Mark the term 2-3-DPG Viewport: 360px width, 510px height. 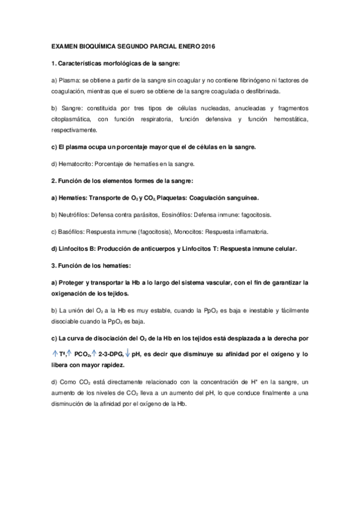pyautogui.click(x=110, y=355)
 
